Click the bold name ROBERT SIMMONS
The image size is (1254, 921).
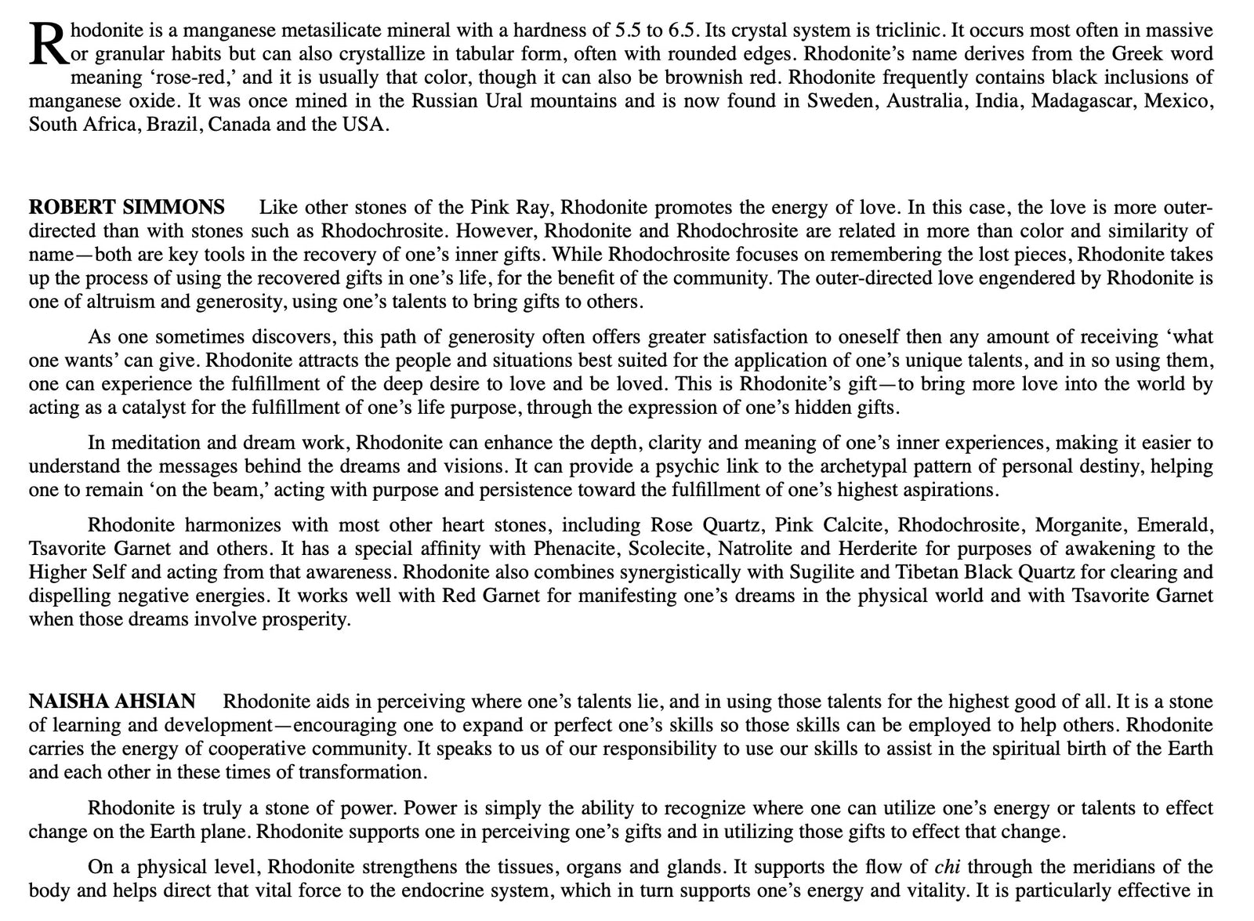[127, 208]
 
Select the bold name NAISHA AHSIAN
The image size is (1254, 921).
[112, 702]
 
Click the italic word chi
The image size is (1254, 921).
[948, 867]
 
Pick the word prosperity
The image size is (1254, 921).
[304, 619]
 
